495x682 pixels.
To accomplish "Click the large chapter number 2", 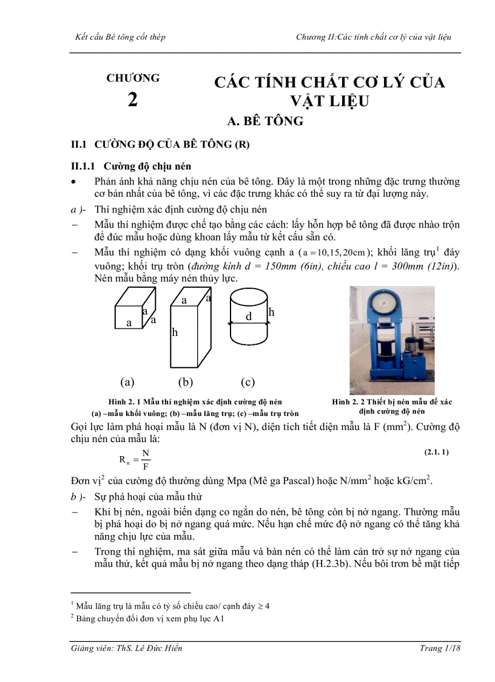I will tap(132, 100).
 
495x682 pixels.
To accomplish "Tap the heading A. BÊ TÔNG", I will tap(264, 121).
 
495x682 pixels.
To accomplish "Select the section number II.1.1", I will tap(84, 165).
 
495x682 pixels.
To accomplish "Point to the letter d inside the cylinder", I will tap(248, 316).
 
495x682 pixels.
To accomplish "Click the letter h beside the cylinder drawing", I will tap(272, 312).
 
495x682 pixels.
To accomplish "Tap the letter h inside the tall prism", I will tap(175, 332).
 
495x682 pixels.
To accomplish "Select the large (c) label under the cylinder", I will tap(247, 382).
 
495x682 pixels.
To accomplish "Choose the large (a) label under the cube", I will tap(127, 382).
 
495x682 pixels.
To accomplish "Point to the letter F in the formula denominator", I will tap(146, 467).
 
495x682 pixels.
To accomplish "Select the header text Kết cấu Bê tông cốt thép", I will tap(118, 37).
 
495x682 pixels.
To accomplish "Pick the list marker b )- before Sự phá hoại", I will tap(79, 497).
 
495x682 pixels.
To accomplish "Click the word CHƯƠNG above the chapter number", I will tap(133, 78).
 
